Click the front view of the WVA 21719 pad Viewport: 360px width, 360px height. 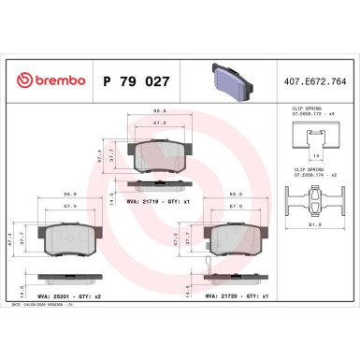[x=159, y=155]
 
